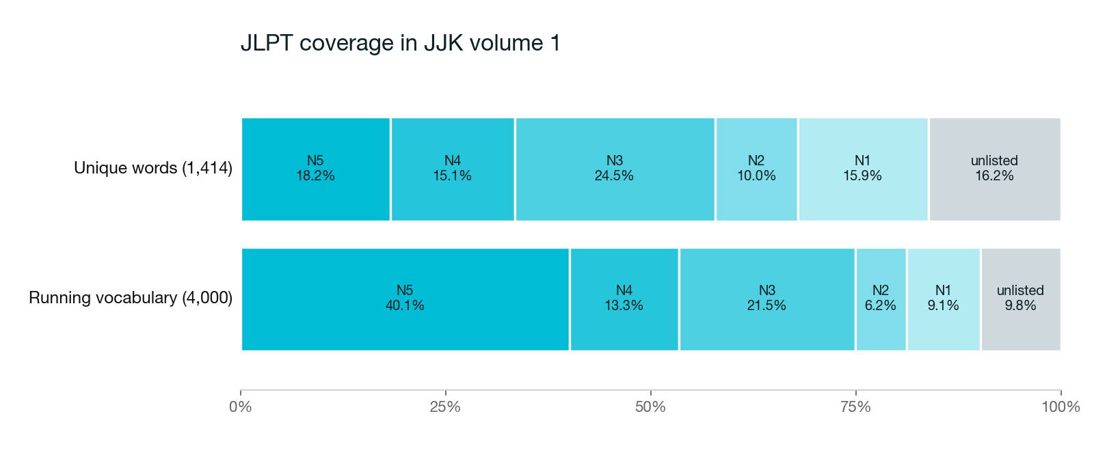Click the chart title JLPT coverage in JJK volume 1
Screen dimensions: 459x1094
point(400,43)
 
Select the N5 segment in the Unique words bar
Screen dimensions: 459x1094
point(315,169)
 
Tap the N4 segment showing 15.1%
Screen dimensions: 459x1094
point(453,169)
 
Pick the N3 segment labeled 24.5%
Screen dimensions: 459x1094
point(615,169)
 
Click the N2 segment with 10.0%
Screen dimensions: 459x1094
point(756,169)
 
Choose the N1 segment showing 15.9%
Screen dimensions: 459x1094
point(863,169)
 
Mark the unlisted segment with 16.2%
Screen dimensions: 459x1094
point(994,169)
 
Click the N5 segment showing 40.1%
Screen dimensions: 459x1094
point(405,298)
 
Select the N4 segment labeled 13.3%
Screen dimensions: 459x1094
point(624,298)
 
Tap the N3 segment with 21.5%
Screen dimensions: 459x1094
point(766,298)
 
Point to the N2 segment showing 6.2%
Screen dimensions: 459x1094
point(881,298)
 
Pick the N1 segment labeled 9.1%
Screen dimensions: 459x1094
point(944,298)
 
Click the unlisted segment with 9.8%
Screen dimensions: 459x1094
point(1020,298)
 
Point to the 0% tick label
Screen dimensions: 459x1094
point(241,407)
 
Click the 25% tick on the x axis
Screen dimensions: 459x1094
point(445,407)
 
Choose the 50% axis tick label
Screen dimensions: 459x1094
point(650,407)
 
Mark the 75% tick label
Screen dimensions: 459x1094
point(855,407)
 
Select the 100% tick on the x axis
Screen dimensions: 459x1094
point(1060,407)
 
